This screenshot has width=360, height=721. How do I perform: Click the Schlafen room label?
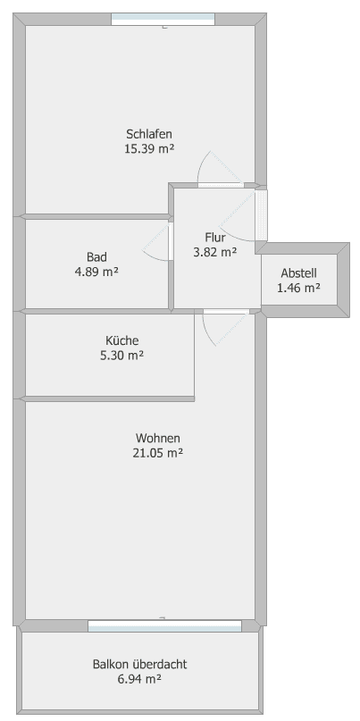point(148,135)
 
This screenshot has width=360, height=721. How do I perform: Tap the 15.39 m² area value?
point(148,149)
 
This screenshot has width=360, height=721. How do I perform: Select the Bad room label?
point(96,256)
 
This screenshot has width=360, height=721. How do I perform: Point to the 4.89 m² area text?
point(96,271)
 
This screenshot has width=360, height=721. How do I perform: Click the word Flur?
point(214,238)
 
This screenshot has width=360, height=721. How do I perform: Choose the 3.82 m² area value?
point(214,252)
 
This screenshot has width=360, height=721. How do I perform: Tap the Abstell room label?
point(298,273)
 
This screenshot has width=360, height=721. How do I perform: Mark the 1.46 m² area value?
point(298,288)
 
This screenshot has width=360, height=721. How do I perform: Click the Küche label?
point(122,340)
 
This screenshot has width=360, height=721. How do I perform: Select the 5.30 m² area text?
point(122,355)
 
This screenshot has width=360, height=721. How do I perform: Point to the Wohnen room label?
point(158,439)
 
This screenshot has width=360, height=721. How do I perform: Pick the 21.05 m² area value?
point(158,453)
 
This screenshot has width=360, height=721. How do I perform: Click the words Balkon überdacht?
point(139,665)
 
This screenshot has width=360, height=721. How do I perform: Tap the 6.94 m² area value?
point(139,679)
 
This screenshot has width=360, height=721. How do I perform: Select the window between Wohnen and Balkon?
point(163,625)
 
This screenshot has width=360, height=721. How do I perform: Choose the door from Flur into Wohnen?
point(226,311)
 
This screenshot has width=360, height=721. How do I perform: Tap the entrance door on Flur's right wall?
point(261,214)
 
